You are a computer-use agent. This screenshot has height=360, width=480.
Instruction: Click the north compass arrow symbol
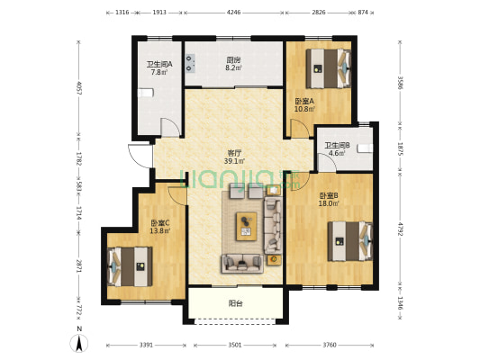[79, 343]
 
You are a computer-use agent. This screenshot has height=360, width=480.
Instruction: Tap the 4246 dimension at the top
[233, 13]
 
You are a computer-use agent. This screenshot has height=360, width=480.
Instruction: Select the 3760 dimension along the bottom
[330, 345]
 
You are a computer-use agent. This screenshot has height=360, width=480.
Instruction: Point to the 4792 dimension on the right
[400, 228]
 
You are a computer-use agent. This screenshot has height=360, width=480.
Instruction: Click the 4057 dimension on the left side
[78, 88]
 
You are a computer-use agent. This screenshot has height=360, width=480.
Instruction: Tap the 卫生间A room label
[159, 65]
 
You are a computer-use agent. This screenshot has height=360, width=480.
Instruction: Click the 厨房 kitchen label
[233, 60]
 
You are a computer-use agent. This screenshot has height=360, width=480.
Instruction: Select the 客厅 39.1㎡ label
[234, 157]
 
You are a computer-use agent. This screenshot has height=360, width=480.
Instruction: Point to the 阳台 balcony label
[236, 303]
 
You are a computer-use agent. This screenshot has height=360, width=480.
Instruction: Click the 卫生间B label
[337, 146]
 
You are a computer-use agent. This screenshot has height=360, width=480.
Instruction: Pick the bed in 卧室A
[329, 68]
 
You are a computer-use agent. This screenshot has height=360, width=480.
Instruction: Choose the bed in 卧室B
[350, 241]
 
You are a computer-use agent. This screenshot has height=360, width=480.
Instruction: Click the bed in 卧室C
[130, 266]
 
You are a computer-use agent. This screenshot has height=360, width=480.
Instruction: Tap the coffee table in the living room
[246, 226]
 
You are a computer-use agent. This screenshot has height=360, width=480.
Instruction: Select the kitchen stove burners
[190, 63]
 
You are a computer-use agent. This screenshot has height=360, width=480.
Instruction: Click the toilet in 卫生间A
[145, 93]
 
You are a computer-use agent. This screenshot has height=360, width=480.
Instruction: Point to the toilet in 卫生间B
[366, 148]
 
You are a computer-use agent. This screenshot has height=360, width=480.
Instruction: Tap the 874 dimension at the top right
[363, 13]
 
